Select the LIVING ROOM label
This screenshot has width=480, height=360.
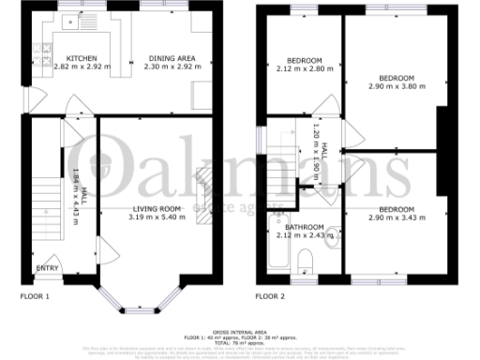point(157,209)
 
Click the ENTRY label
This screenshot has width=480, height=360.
point(46,268)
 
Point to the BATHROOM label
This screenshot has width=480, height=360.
point(305,226)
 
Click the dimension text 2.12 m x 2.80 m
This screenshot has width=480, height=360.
point(305,67)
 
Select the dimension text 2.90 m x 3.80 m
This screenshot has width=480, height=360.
point(396,86)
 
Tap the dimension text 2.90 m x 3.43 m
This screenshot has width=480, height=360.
point(396,218)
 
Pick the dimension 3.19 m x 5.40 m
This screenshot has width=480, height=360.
point(157,217)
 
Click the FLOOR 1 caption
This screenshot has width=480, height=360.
point(35,297)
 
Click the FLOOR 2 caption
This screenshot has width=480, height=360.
point(269,297)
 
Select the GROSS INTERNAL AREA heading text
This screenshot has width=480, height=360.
point(240,332)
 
